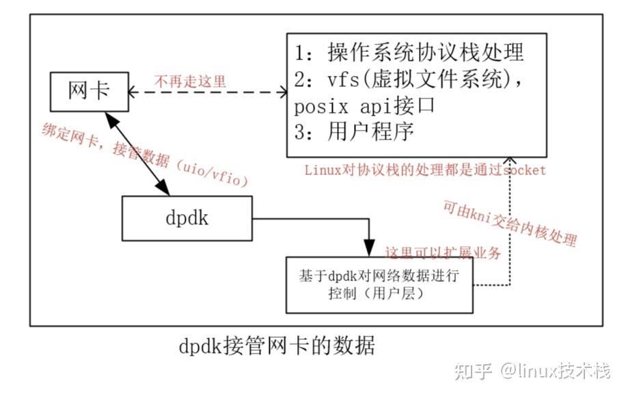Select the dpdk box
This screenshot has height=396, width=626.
(187, 219)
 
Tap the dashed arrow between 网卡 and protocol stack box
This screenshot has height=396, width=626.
(205, 92)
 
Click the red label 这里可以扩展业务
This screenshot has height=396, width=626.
(444, 252)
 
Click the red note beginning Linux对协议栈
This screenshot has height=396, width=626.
(424, 170)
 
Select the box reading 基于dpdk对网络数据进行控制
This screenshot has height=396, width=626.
(379, 285)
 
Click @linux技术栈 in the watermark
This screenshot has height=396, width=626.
(554, 371)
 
